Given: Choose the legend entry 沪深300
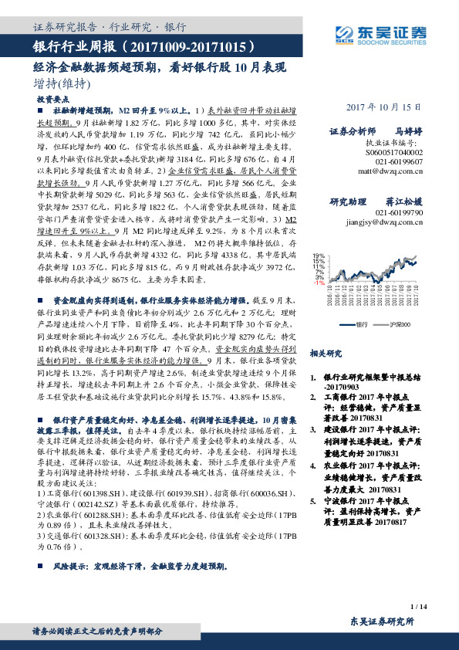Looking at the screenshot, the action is [x=400, y=326].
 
